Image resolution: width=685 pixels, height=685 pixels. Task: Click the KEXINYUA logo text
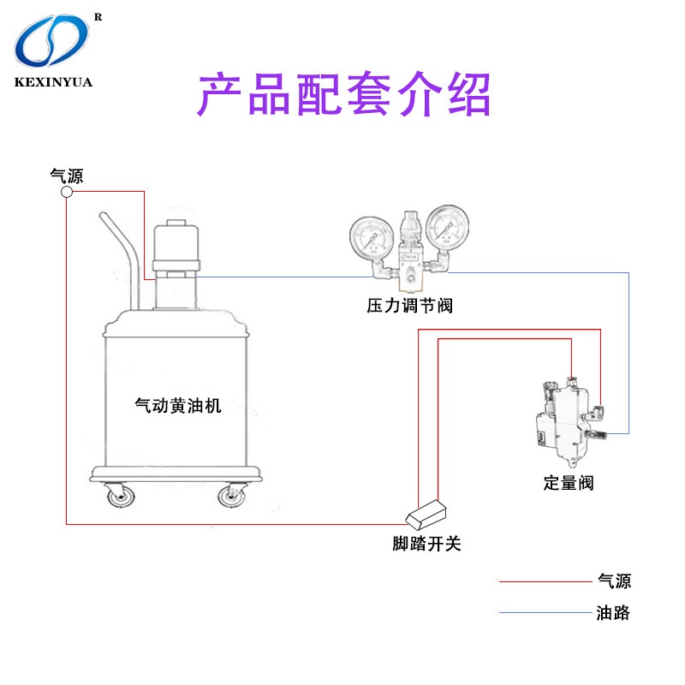click(x=53, y=83)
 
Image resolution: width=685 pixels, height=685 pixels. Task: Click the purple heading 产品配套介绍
click(x=345, y=95)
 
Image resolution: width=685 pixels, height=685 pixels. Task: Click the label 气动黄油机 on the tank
click(x=178, y=405)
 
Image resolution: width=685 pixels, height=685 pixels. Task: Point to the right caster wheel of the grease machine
click(x=231, y=497)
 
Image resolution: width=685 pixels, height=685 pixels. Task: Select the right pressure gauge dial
click(x=445, y=228)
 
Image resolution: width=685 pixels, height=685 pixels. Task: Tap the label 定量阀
click(x=568, y=482)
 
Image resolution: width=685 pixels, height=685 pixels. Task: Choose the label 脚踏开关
click(x=426, y=544)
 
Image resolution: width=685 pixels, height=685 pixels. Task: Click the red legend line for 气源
click(x=545, y=582)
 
